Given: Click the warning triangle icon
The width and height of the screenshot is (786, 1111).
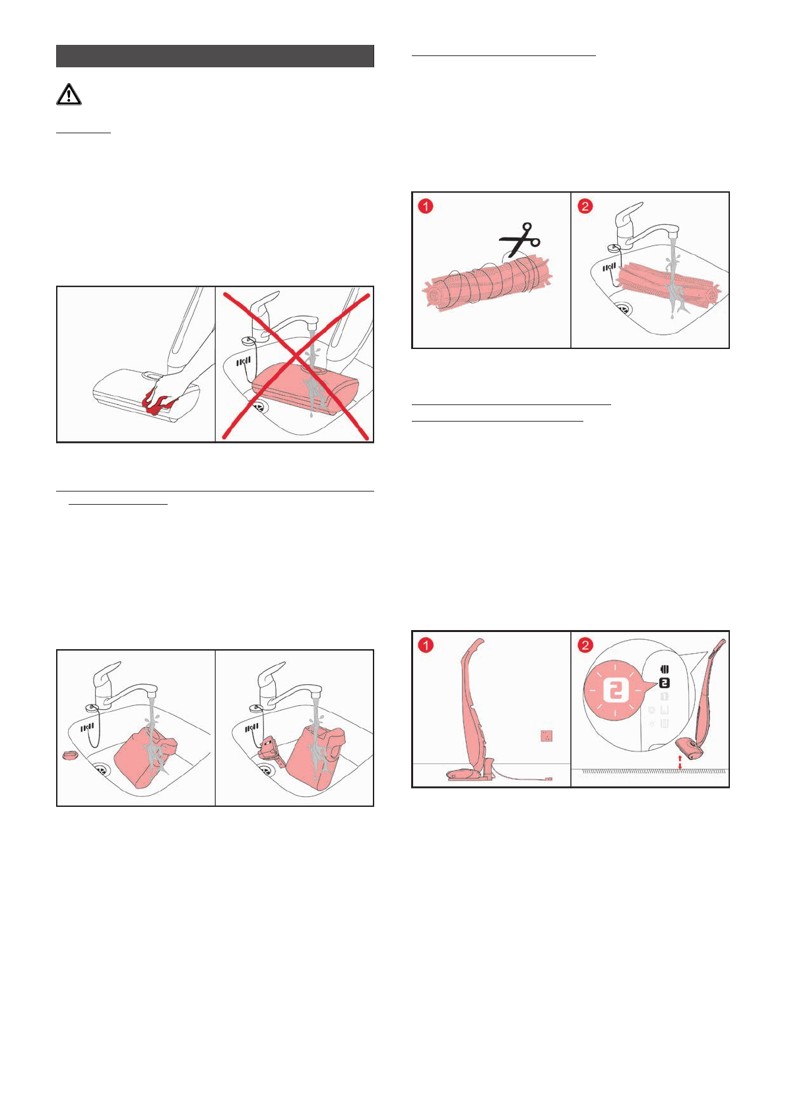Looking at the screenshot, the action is click(x=69, y=94).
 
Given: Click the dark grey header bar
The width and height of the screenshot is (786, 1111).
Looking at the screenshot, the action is click(x=215, y=56).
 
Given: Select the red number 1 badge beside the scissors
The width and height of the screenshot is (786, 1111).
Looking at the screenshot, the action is click(x=426, y=206).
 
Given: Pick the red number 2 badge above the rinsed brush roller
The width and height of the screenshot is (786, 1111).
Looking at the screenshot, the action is click(x=585, y=206).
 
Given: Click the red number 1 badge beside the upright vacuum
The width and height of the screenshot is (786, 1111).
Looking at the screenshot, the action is click(x=426, y=645).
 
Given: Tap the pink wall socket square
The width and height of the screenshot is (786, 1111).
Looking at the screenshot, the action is click(x=546, y=736).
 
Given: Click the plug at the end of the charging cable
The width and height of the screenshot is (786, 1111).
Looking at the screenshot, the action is click(x=549, y=778).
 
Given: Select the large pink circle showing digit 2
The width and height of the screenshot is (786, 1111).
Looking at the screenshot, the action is click(x=615, y=690).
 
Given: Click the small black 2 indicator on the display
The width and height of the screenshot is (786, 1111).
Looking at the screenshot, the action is click(x=665, y=683).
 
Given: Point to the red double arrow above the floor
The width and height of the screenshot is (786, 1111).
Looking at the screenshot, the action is click(x=680, y=762).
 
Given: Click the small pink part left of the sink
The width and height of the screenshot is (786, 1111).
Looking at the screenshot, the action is click(x=70, y=755).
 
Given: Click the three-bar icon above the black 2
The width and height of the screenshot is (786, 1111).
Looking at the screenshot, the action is click(x=665, y=670).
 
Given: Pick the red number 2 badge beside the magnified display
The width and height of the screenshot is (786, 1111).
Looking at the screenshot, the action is click(x=585, y=645).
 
